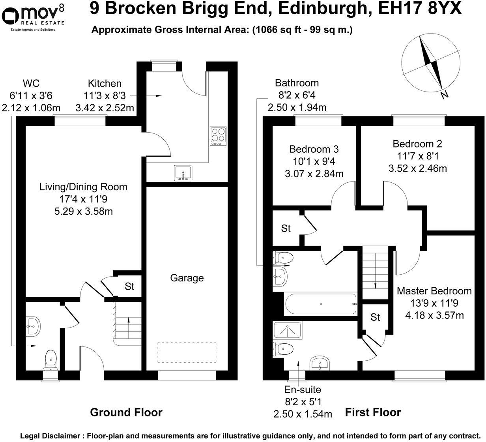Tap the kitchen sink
pos(183,173)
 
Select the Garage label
pos(187,278)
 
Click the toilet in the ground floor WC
pos(51,359)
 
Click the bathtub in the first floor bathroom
pos(320,304)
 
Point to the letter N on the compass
pos(445,95)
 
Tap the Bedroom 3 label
pos(314,150)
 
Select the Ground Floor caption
pos(126,412)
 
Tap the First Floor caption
pos(373,412)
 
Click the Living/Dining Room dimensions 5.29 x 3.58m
pos(84,211)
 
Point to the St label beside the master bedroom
pos(375,317)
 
